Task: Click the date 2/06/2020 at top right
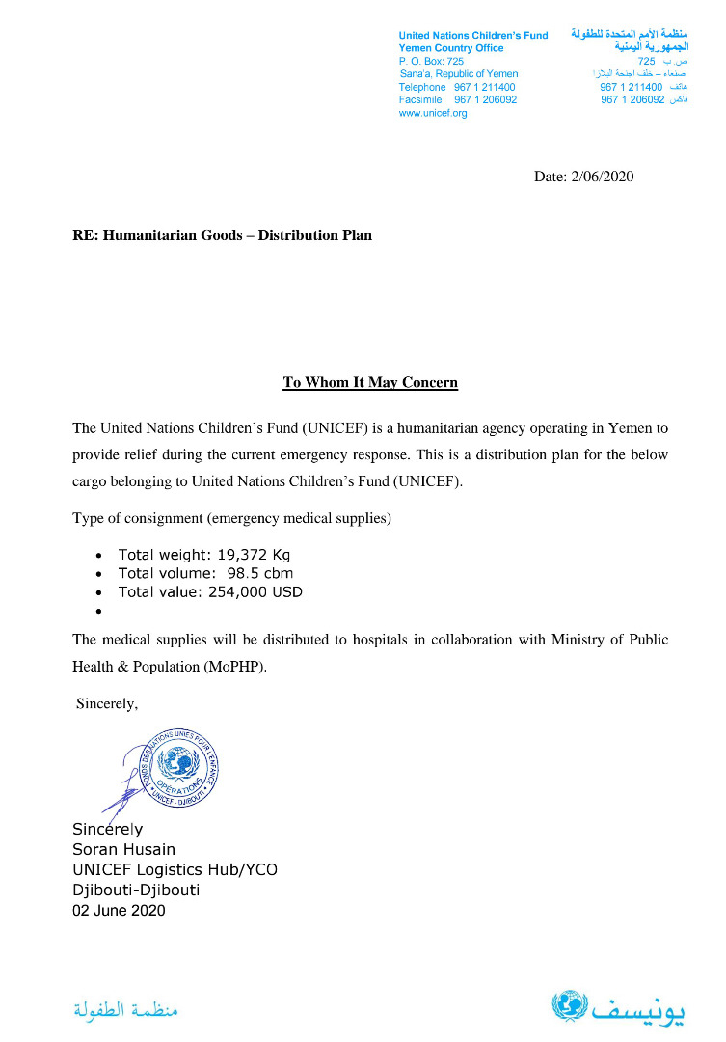point(603,177)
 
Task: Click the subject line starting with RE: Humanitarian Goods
point(222,234)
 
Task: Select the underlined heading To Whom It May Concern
point(370,383)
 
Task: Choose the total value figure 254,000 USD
point(255,591)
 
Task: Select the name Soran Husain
point(123,849)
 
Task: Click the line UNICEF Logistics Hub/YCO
point(175,869)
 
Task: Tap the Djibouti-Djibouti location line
point(136,890)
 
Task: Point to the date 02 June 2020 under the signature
point(119,910)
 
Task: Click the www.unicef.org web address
point(433,113)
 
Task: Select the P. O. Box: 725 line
point(431,61)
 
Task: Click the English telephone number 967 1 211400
point(485,87)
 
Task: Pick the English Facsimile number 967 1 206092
point(485,99)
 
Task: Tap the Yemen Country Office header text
point(451,48)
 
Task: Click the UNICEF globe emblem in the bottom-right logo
point(569,1005)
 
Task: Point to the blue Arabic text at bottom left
point(126,1010)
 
